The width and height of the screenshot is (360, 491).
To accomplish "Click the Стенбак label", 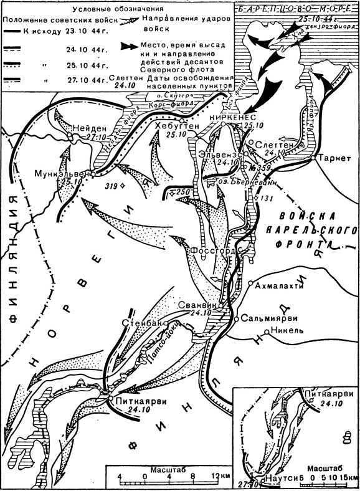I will coord(142,324).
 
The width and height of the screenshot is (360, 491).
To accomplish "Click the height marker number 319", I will coord(113,185).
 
